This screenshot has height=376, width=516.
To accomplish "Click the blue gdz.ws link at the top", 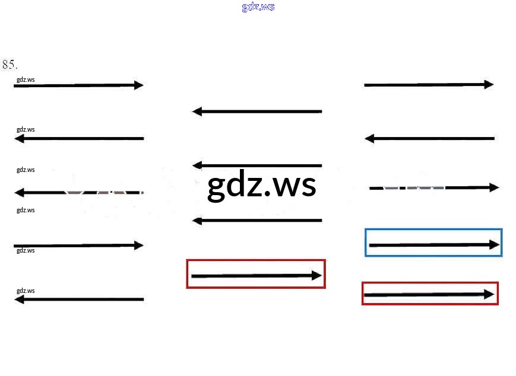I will point(258,7).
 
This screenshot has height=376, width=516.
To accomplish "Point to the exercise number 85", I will point(10,64).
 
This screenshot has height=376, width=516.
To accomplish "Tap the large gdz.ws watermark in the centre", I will point(261,186).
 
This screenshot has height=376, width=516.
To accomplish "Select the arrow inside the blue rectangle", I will point(433,244).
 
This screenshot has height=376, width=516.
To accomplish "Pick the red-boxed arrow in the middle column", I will point(256,275).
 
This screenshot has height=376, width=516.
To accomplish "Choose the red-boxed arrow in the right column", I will point(429,294).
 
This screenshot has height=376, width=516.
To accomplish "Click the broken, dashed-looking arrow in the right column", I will point(433,187).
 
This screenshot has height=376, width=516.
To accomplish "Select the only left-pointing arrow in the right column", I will point(429,139).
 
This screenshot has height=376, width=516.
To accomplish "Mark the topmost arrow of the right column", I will point(428,85).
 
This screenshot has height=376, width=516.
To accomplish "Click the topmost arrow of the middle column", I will point(257,111).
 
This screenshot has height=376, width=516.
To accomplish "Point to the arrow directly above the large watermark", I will point(257,165).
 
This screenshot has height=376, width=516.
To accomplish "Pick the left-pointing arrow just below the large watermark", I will point(257,221).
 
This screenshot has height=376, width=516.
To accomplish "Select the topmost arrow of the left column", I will point(78,85).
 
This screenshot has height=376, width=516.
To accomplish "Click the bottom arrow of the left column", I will point(78,299).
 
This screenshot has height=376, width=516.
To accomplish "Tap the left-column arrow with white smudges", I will point(78,193).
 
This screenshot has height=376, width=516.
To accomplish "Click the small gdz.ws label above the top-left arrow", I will point(26,79).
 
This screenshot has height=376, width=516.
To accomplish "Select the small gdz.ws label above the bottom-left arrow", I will point(26,291).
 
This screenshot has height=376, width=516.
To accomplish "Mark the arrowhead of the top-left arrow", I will point(139,85).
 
